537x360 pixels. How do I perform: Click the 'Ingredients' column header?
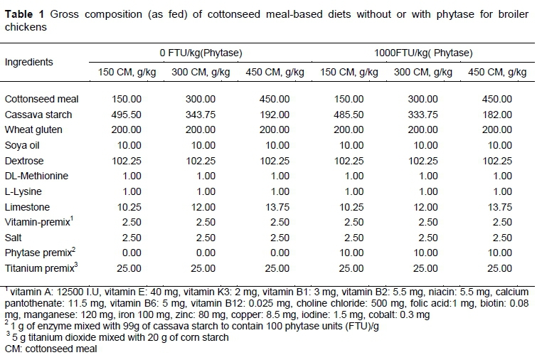[x=29, y=62]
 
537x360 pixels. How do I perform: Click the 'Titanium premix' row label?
[x=36, y=268]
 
